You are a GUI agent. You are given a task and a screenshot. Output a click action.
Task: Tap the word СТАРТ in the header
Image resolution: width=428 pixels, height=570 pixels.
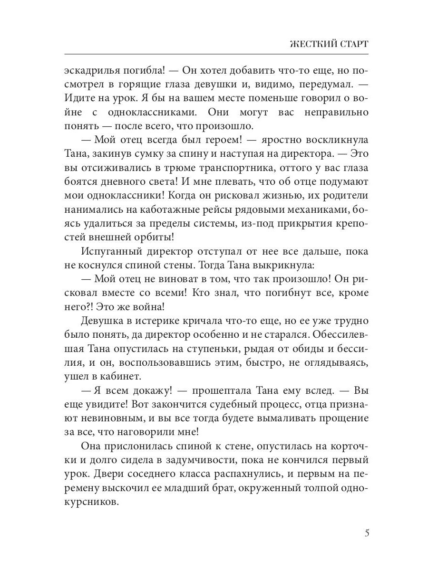(353, 44)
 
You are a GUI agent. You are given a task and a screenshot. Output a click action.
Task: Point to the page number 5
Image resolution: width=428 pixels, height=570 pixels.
(367, 532)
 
